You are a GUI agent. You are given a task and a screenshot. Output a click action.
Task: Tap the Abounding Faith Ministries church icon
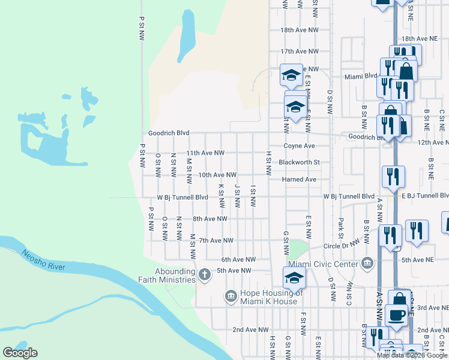204,275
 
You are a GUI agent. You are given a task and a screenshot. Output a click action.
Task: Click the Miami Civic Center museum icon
367,263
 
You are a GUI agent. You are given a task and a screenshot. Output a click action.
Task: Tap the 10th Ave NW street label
214,175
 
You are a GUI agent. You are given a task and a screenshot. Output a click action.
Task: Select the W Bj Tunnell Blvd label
182,197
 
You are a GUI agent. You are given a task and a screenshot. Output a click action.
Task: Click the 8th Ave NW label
209,219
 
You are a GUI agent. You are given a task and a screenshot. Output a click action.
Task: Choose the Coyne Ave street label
300,146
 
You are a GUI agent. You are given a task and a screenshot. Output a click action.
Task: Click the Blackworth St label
308,162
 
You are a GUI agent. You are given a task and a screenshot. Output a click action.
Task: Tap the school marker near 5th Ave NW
294,277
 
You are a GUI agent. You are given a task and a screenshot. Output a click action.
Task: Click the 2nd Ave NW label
250,329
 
